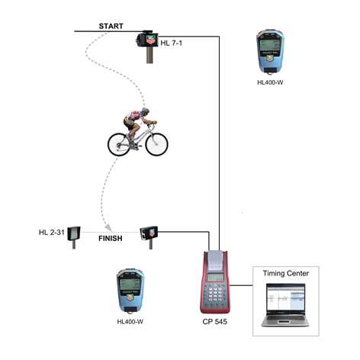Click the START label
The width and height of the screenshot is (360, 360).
111,26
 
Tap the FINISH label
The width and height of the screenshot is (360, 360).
111,239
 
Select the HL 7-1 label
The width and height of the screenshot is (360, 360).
172,43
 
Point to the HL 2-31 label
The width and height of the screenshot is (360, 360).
52,232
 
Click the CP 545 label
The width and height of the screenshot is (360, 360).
215,322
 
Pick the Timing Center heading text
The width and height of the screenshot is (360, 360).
286,273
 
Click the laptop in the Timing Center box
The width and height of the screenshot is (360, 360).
285,305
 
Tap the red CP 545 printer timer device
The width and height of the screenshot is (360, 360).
215,282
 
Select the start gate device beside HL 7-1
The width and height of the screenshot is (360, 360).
147,46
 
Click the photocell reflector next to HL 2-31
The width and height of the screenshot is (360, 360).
74,237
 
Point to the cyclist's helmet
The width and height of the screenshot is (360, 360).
146,111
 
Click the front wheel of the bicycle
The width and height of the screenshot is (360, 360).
156,144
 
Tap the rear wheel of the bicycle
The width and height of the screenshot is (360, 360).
119,145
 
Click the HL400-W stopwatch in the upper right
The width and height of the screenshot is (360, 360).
270,52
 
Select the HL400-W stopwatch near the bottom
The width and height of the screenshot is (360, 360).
130,291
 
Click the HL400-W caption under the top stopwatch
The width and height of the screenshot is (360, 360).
270,82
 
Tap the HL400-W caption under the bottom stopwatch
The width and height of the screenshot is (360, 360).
130,322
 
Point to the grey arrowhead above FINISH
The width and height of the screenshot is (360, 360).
108,227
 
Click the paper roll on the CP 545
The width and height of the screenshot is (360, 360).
215,260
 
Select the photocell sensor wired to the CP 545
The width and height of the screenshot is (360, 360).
149,237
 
